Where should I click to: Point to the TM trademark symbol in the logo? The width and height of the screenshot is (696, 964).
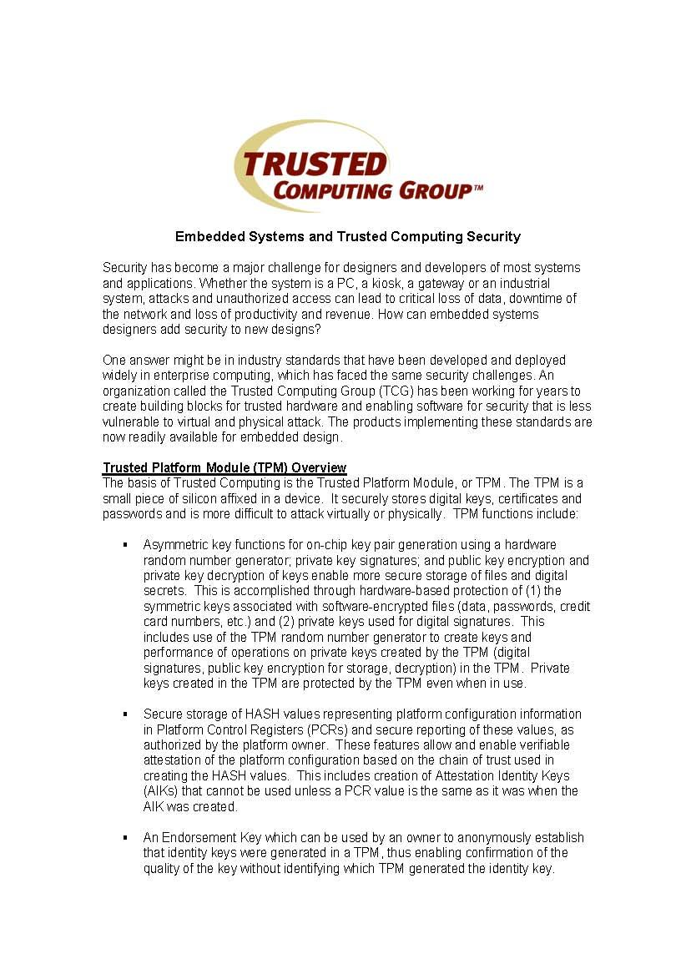(478, 188)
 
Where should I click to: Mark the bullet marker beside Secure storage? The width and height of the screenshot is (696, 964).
(124, 714)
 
